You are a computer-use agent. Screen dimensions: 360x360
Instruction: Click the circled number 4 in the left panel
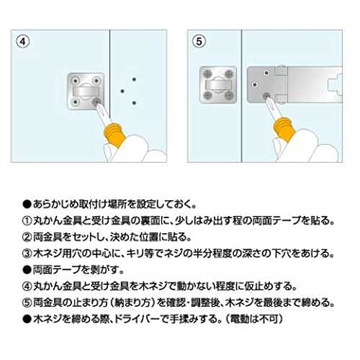[23, 42]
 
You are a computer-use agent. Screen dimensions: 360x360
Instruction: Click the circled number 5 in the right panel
[199, 42]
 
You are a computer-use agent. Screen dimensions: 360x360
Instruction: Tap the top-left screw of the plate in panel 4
[76, 80]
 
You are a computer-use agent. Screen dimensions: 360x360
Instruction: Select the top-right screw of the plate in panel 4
[96, 80]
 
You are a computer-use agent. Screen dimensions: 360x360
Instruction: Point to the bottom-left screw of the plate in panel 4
[76, 102]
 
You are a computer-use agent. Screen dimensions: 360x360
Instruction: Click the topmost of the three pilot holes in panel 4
[134, 79]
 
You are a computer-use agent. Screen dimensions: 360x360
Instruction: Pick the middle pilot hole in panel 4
[122, 91]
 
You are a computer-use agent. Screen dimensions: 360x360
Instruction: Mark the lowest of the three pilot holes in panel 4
[134, 103]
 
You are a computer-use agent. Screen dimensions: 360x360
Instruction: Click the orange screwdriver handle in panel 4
[114, 135]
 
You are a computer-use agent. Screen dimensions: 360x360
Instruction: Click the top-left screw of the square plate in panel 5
[207, 74]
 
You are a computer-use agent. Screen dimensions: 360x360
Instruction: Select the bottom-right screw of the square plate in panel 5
[229, 96]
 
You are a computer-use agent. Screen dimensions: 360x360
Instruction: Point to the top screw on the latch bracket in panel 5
[266, 73]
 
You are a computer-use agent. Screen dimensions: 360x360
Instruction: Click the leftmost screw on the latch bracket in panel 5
[255, 84]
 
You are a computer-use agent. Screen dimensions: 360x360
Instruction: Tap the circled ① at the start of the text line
[27, 221]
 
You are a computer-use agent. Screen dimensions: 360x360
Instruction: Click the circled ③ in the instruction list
[27, 253]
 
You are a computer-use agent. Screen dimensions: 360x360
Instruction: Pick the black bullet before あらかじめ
[27, 204]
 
